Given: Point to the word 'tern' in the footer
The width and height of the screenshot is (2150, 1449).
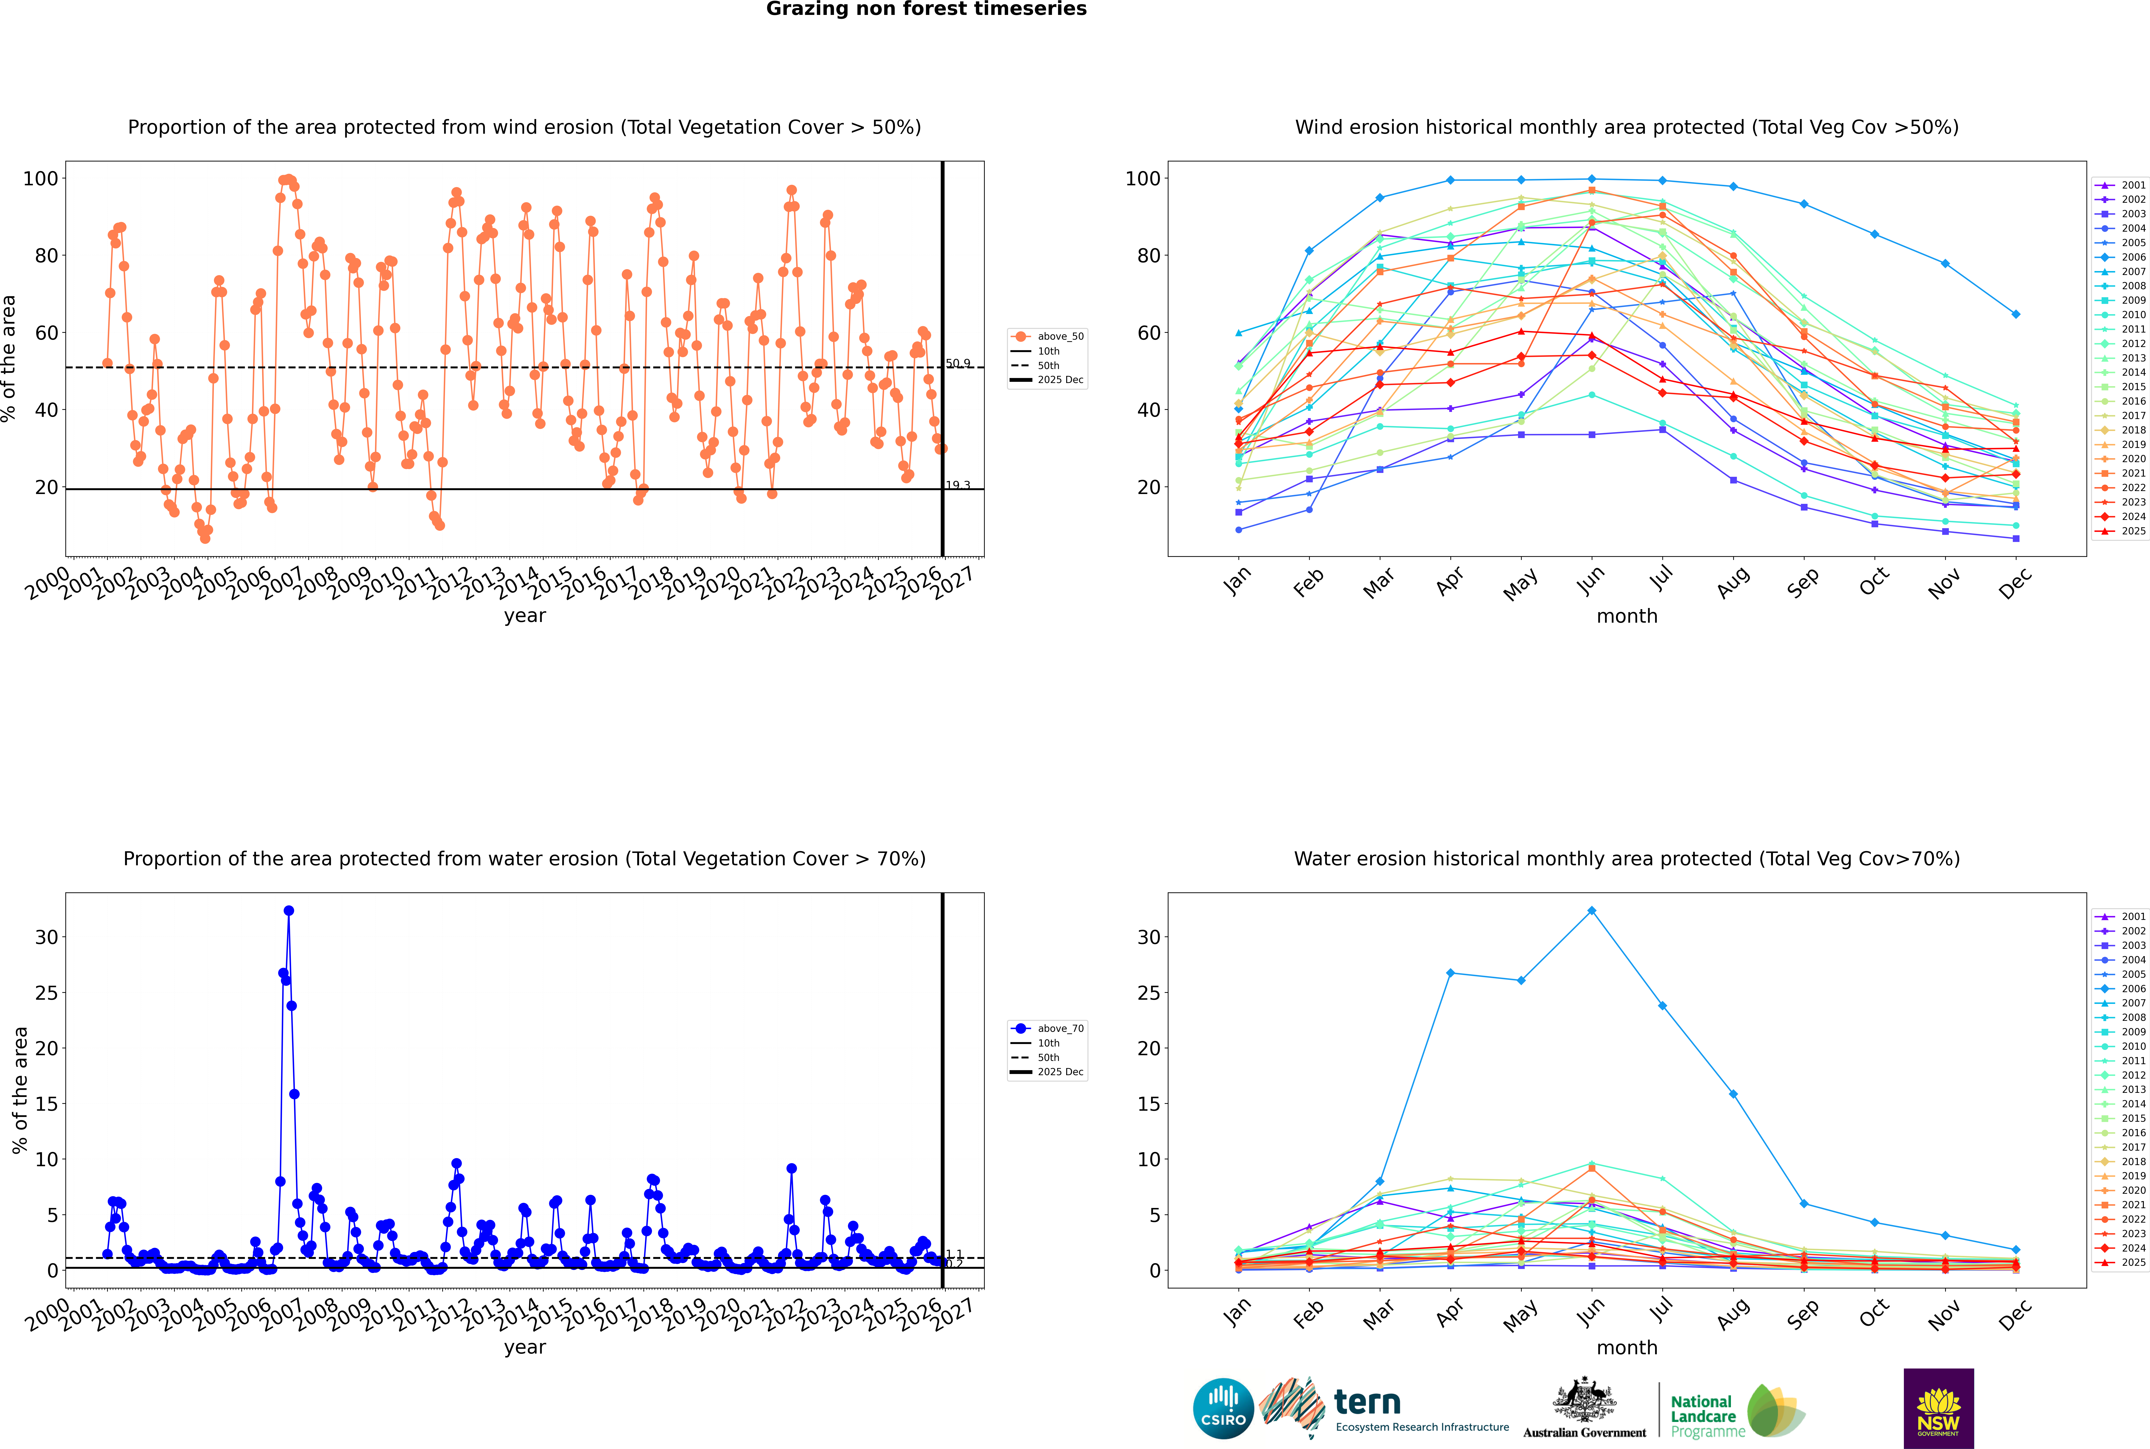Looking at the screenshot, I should [x=1367, y=1403].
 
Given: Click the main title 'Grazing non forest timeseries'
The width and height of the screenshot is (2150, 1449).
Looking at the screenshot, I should [x=926, y=9].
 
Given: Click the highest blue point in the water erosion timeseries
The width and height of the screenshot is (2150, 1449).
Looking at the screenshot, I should [x=288, y=910].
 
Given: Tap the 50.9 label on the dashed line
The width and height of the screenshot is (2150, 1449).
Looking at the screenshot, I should [x=958, y=363].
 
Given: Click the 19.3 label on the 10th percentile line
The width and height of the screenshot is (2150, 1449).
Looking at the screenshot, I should [x=958, y=485].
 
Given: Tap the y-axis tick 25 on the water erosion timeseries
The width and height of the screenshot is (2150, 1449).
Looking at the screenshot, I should [x=46, y=993].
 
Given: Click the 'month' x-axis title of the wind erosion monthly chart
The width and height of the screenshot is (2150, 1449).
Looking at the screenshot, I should [x=1627, y=616].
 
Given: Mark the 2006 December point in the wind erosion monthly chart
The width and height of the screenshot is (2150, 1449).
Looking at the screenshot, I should [x=2015, y=314].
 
